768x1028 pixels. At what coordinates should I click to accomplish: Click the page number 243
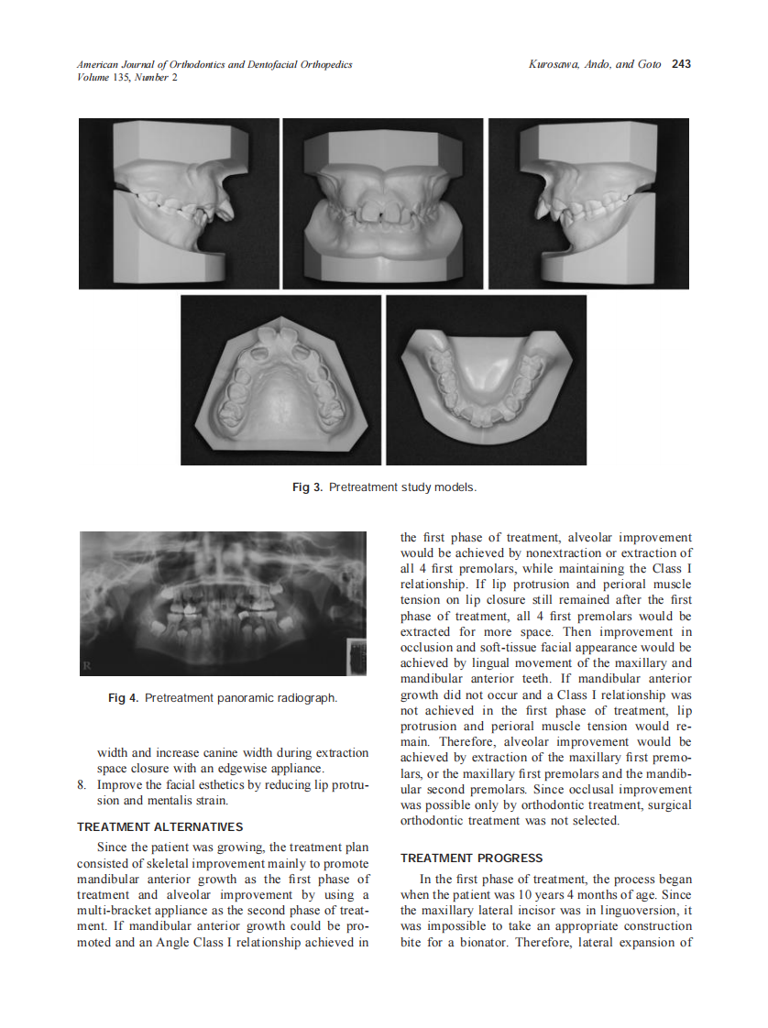tap(681, 64)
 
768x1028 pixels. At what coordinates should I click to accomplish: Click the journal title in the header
tap(214, 64)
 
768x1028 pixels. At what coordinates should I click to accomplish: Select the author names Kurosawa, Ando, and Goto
tap(595, 64)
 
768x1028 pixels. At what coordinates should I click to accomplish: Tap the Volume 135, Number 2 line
tap(127, 77)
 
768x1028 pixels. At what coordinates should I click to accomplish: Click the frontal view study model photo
tap(383, 203)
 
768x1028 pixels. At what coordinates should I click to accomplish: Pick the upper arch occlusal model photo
tap(281, 380)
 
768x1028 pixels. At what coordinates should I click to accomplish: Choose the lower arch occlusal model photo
tap(486, 380)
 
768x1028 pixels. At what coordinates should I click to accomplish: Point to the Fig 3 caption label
tap(307, 487)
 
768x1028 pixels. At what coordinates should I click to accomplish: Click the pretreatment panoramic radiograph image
tap(224, 605)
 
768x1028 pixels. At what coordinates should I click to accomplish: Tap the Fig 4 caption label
tap(123, 698)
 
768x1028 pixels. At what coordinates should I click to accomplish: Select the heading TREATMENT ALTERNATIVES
tap(160, 827)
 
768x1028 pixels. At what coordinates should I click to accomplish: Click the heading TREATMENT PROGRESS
tap(471, 858)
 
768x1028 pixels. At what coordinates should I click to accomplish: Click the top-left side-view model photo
tap(179, 203)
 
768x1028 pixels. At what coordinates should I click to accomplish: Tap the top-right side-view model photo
tap(588, 203)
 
